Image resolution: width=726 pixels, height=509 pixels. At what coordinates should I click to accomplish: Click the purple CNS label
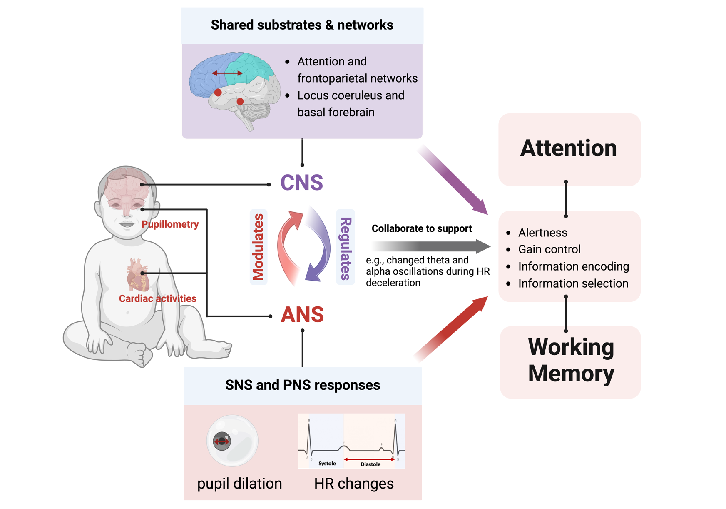click(301, 183)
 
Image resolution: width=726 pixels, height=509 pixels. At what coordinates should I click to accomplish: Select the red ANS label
click(302, 315)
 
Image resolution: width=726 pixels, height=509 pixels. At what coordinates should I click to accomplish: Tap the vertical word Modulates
click(258, 247)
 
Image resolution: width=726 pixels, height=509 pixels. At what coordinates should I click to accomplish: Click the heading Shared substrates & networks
click(302, 25)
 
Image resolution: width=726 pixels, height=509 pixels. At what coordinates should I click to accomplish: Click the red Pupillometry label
click(170, 224)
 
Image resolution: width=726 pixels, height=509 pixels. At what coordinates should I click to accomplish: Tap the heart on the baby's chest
click(138, 274)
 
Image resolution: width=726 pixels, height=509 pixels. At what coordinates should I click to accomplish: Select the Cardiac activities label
click(157, 298)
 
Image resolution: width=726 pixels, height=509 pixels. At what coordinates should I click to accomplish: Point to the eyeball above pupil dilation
click(232, 441)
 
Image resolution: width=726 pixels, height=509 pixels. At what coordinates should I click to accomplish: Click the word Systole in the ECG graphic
click(327, 464)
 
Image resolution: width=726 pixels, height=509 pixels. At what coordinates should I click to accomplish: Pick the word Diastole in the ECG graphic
click(370, 464)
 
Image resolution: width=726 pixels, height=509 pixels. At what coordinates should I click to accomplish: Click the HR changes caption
click(354, 484)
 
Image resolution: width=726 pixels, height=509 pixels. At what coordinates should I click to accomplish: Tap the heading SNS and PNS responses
click(303, 385)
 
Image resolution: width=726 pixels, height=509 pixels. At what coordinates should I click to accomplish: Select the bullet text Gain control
click(549, 249)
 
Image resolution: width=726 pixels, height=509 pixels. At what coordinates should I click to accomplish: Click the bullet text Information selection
click(573, 283)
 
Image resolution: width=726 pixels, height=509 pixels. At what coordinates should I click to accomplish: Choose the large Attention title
click(568, 148)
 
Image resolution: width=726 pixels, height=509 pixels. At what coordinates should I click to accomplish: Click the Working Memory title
click(571, 360)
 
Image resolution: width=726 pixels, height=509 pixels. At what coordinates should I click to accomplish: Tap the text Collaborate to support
click(421, 228)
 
